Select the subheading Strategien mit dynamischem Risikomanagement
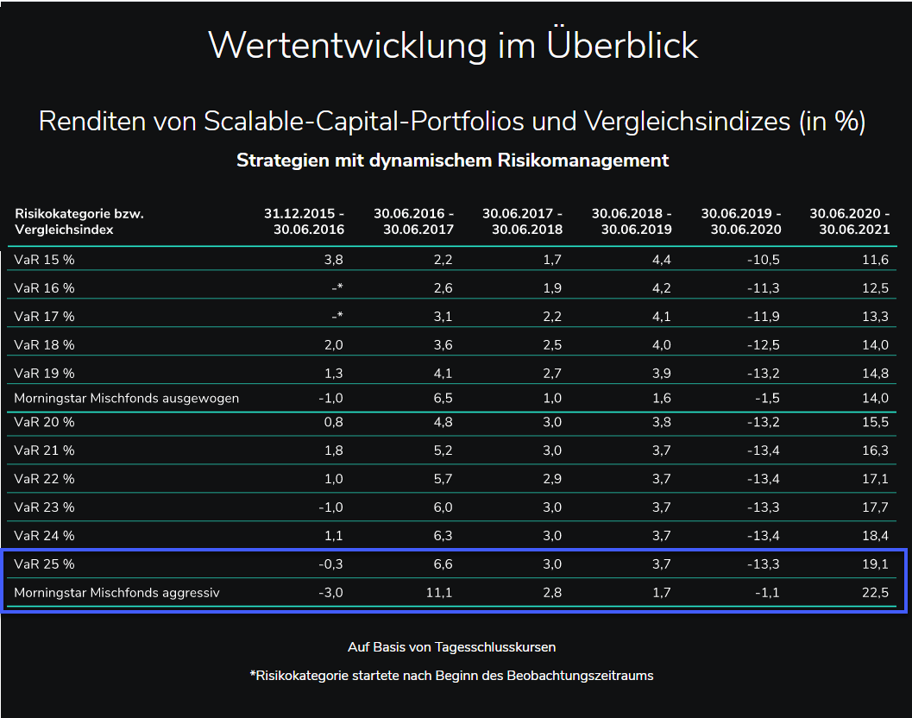click(453, 161)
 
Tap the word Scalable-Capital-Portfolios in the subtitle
click(364, 122)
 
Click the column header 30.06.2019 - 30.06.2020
click(741, 221)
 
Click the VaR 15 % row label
click(45, 260)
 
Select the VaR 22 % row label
click(45, 479)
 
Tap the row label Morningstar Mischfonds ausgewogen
click(127, 398)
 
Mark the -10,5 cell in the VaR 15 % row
click(764, 260)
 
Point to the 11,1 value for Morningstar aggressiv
click(439, 593)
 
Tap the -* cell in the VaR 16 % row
click(337, 288)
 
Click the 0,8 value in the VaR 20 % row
click(334, 423)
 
